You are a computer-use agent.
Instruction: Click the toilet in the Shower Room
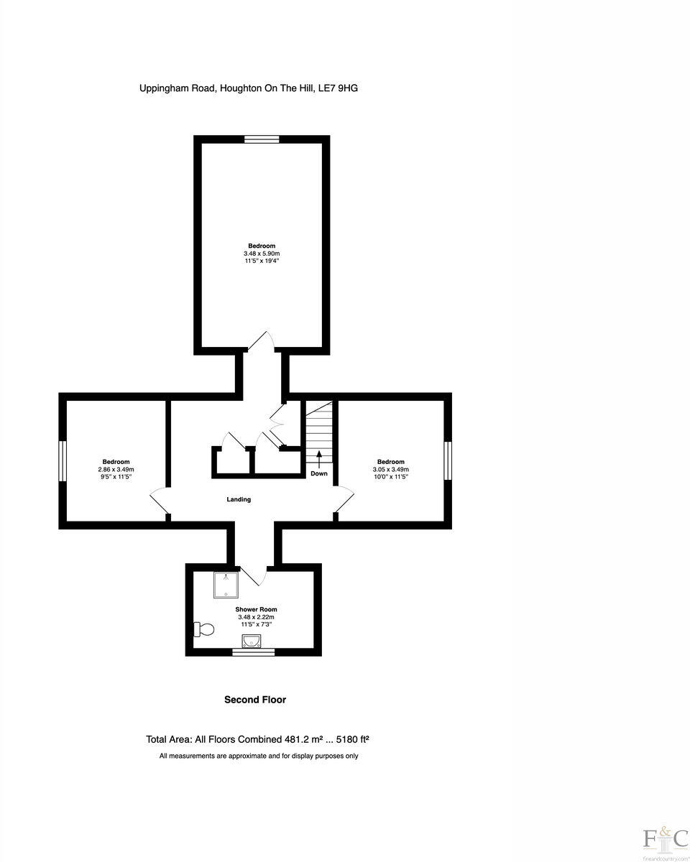(204, 630)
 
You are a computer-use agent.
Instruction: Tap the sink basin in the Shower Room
(252, 641)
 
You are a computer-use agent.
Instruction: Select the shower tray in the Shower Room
(226, 585)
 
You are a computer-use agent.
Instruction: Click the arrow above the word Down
(319, 458)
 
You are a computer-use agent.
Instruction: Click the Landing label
(239, 499)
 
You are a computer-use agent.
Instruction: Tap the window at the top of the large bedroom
(262, 139)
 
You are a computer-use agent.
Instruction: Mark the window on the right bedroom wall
(448, 461)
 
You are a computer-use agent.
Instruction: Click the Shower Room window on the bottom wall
(253, 652)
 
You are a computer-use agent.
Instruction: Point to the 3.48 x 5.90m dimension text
(262, 254)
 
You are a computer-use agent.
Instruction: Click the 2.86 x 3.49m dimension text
(116, 469)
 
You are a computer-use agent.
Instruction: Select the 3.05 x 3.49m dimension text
(390, 469)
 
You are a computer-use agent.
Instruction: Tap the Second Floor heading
(255, 700)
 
